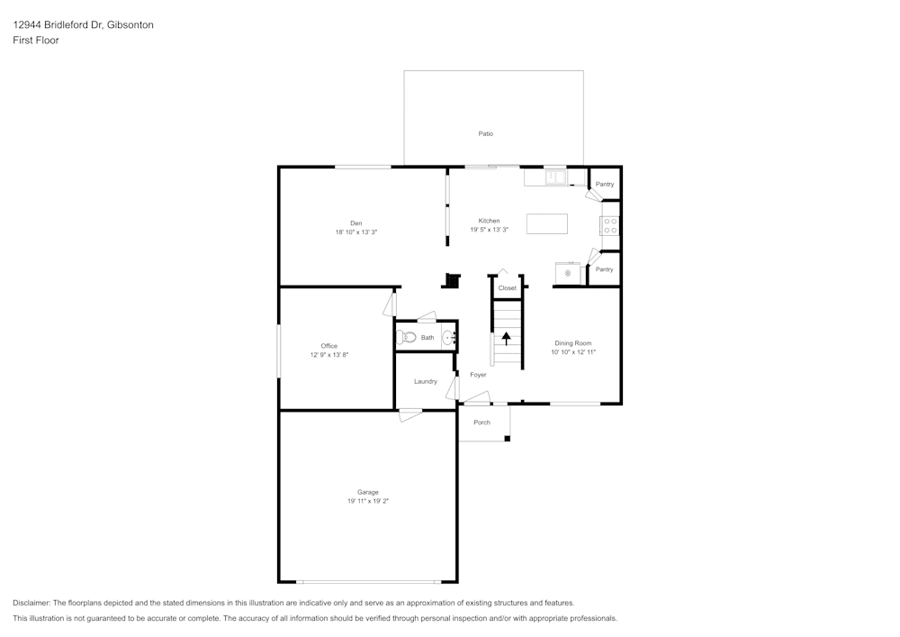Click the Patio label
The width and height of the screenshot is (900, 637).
tap(485, 133)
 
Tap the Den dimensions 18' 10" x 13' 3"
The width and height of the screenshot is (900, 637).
tap(355, 232)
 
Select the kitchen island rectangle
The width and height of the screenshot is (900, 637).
tap(547, 223)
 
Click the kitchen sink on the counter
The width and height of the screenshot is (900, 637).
tap(554, 177)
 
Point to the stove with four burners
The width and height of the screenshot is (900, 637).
tap(610, 225)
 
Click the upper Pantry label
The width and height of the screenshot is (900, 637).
tap(604, 184)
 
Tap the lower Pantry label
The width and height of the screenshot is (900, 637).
tap(604, 268)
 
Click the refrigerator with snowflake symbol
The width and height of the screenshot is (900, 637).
tap(568, 272)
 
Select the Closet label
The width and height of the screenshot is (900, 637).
tap(508, 288)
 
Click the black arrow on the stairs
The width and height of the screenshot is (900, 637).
tap(506, 339)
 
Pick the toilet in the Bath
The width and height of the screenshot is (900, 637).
tap(407, 338)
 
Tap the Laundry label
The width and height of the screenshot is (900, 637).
tap(426, 381)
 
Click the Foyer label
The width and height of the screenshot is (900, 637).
tap(478, 375)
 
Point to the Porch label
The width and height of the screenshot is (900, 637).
tap(481, 422)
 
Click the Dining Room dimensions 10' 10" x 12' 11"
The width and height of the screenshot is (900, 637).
tap(573, 352)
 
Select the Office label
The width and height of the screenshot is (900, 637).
tap(329, 346)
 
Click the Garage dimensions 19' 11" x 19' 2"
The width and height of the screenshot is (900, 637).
tap(367, 501)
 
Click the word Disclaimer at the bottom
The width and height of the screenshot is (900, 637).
tap(31, 603)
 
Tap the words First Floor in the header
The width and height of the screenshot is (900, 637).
tap(36, 41)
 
